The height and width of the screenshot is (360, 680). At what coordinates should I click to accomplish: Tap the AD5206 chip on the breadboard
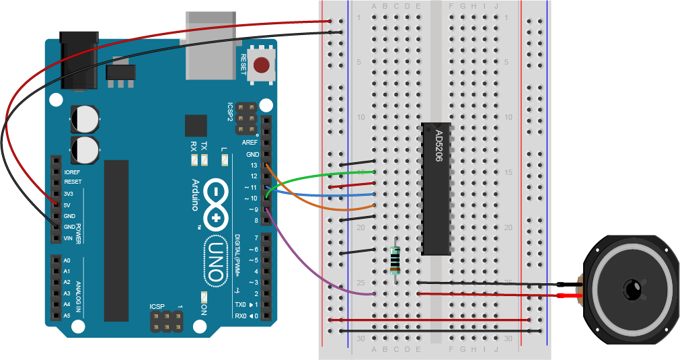436,189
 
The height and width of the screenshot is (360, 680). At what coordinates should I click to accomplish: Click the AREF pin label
250,143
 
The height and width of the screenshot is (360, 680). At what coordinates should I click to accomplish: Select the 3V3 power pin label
68,194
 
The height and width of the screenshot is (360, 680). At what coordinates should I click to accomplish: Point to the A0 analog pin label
67,260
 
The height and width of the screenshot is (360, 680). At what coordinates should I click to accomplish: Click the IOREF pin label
71,172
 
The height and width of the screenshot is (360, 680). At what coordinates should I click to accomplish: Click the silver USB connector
214,47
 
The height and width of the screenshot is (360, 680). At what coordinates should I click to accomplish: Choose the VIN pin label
67,238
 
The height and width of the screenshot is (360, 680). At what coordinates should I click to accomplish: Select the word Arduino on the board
196,195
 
